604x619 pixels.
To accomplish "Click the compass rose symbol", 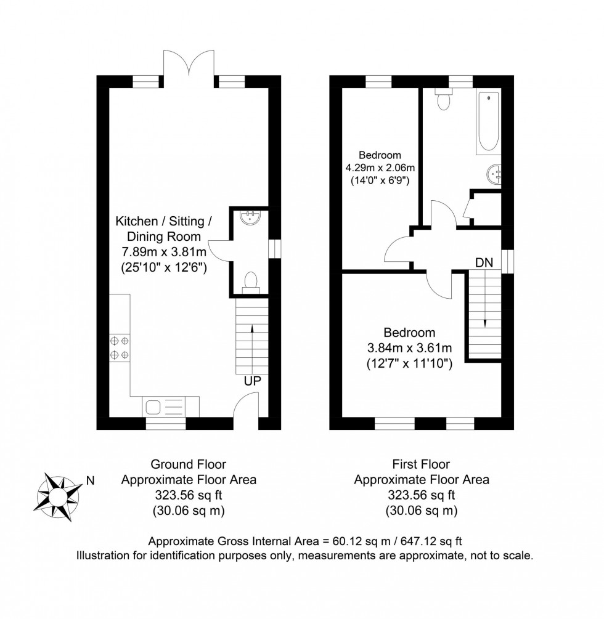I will [59, 494].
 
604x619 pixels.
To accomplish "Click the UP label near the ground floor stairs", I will [252, 381].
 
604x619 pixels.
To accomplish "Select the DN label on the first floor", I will [484, 262].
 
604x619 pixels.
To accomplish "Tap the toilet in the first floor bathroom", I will [443, 100].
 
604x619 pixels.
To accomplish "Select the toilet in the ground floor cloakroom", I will [251, 281].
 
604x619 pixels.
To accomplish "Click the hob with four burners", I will [120, 347].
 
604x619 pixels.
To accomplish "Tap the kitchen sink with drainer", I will [171, 407].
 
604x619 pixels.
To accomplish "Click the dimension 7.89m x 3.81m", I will [163, 252].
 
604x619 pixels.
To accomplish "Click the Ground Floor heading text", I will [189, 464].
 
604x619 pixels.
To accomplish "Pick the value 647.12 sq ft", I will [431, 541].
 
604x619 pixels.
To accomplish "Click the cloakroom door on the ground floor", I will [219, 249].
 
